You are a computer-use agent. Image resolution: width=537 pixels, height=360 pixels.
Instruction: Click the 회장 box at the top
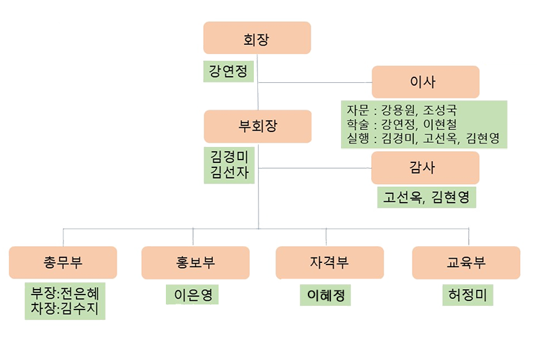point(257,38)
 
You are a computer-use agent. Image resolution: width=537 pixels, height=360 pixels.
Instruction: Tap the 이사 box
point(425,82)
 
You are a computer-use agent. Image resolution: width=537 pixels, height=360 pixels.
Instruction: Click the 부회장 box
point(257,127)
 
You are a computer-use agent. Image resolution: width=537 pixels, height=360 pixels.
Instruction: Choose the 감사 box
point(425,168)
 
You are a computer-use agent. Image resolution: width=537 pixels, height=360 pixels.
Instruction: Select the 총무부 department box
point(63,263)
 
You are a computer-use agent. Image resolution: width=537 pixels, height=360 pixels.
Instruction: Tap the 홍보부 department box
point(195,263)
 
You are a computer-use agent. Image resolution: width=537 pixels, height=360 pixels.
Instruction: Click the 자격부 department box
point(329,263)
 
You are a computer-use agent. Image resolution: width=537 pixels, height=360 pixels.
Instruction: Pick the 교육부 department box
point(465,263)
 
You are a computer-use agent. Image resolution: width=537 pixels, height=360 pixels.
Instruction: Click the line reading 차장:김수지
point(70,308)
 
